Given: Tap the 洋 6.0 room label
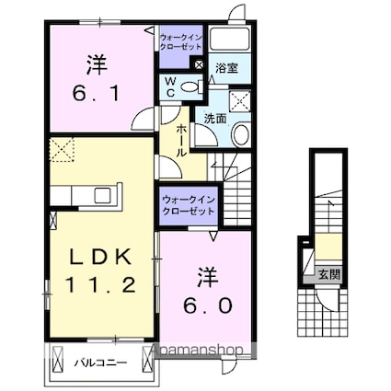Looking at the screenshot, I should pos(210,290).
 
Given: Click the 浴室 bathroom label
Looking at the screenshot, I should pos(224,67).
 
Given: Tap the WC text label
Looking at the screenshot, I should pos(170,86).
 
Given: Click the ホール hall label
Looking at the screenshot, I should pos(182,140).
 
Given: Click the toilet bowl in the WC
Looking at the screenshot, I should pos(190,86).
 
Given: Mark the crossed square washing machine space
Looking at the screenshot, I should pos(243,101).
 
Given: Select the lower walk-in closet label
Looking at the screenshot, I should pos(189,204).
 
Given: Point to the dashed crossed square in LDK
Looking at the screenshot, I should pos(62,148).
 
